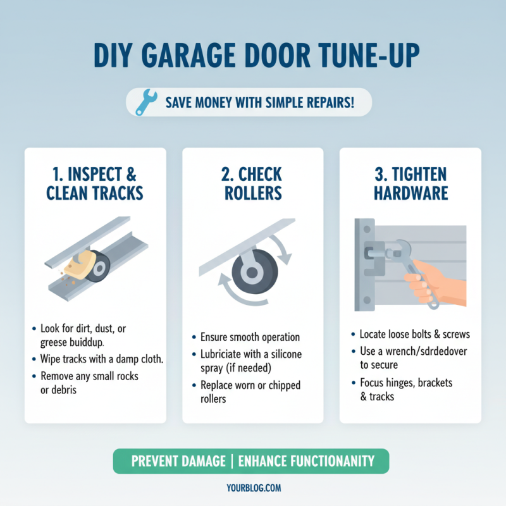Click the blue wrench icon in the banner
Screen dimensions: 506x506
tap(146, 102)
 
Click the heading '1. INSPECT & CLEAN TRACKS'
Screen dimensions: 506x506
tap(95, 183)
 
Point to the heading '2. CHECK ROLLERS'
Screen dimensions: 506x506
tap(253, 183)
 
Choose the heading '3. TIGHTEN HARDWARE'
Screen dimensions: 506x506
tap(410, 183)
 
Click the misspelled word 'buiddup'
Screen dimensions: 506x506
tap(86, 342)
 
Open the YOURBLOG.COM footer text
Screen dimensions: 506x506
tap(253, 488)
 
